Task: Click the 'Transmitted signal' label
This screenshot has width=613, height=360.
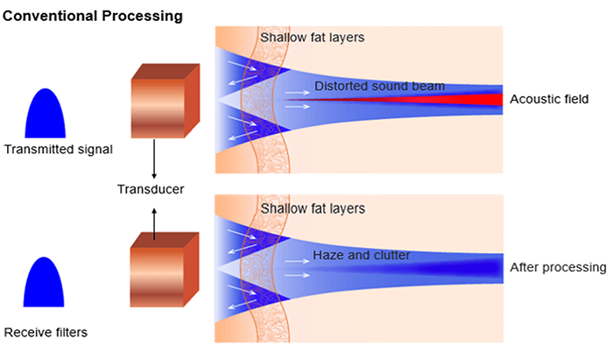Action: tap(58, 149)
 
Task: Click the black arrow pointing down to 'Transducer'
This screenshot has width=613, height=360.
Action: tap(153, 159)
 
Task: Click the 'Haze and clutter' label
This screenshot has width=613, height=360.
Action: tap(360, 257)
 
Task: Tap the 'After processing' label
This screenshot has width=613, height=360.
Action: tap(558, 266)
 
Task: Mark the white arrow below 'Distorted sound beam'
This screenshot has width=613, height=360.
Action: tap(298, 106)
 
